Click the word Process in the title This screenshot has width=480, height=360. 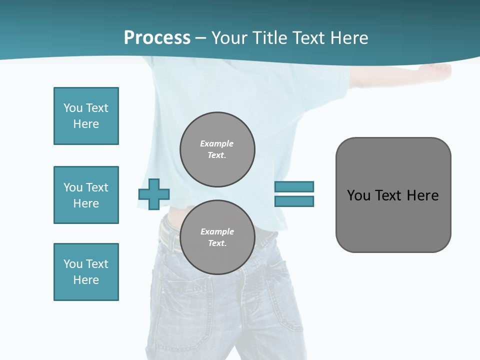click(157, 38)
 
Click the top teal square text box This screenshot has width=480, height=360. click(86, 116)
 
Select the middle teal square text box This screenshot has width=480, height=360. click(86, 195)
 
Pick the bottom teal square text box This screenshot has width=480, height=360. click(86, 272)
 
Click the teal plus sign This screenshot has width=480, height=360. click(154, 194)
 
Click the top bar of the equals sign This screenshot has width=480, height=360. click(294, 186)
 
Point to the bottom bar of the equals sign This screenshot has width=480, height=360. click(294, 201)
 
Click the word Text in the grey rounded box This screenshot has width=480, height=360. click(389, 195)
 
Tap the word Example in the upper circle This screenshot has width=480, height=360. click(217, 143)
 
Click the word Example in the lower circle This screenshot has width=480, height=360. click(217, 231)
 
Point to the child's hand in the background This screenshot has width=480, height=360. click(439, 71)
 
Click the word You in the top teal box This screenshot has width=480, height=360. click(72, 108)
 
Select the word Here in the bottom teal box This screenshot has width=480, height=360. click(86, 280)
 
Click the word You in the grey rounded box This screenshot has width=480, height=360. click(358, 195)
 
